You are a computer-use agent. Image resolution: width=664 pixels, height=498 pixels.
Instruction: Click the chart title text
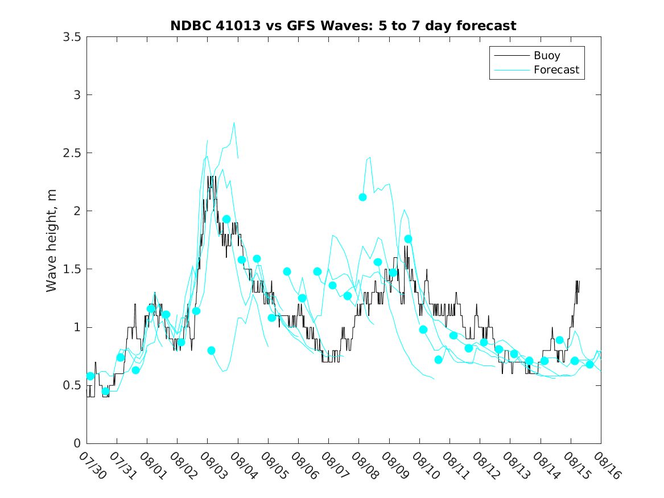coord(343,26)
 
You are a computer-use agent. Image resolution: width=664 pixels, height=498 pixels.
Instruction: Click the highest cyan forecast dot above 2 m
coord(362,197)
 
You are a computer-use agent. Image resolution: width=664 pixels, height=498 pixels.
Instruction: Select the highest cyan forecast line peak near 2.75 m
coord(234,122)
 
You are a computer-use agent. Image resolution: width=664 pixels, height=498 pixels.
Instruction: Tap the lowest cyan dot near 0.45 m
coord(105,391)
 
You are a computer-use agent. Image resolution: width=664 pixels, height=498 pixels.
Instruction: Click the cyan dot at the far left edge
coord(90,376)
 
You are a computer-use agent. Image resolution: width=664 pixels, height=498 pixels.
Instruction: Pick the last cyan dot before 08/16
coord(589,364)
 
